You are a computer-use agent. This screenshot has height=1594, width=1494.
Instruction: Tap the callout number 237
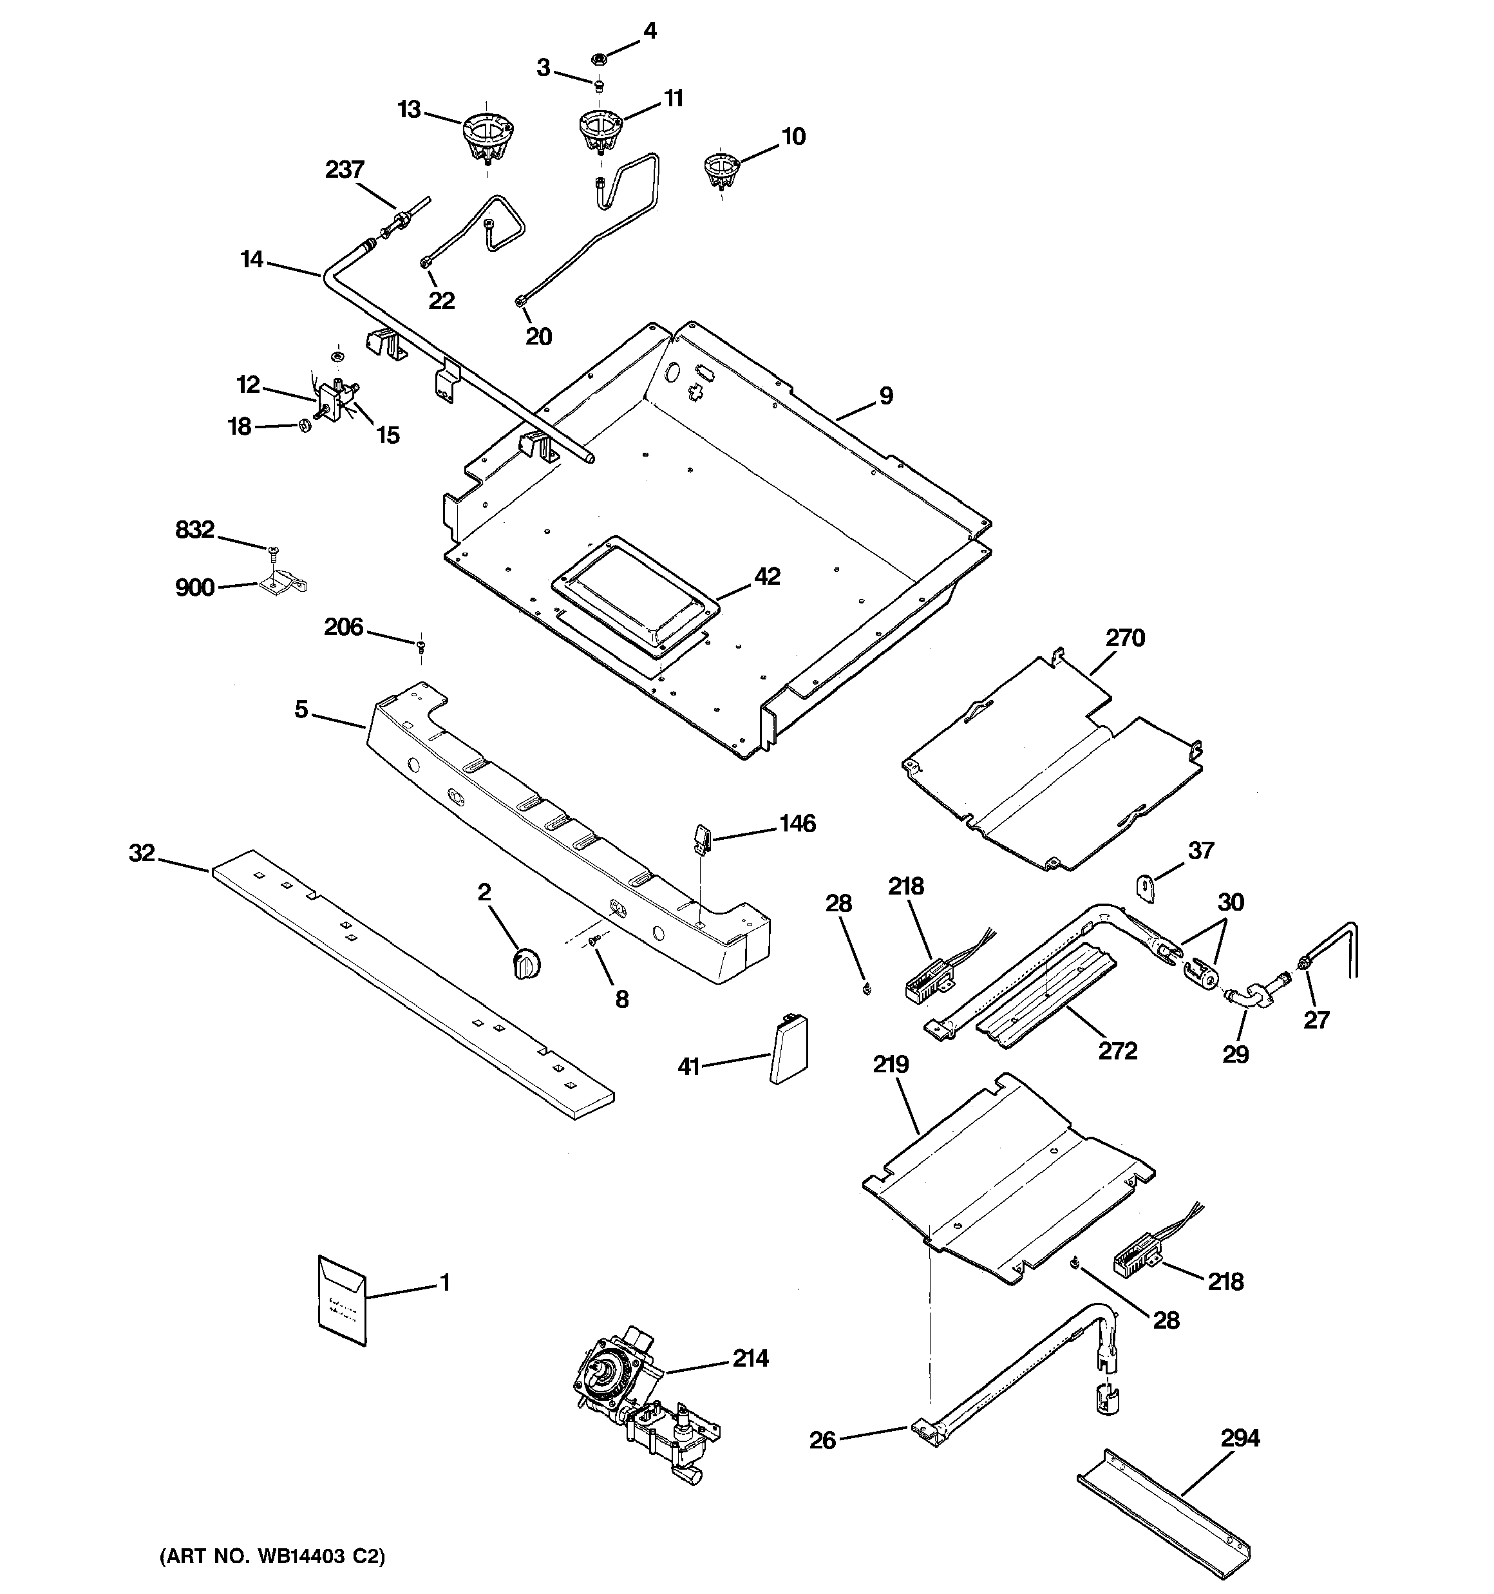[x=345, y=170]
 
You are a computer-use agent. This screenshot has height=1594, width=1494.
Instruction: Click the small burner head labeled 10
[x=720, y=171]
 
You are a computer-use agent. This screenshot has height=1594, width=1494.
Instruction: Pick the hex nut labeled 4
[x=598, y=58]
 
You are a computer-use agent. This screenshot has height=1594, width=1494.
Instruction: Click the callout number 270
[x=1125, y=638]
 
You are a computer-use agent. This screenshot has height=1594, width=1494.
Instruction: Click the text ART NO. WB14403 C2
[x=272, y=1556]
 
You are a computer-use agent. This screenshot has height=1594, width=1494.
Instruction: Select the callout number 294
[x=1240, y=1438]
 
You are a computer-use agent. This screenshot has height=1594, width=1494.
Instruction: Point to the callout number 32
[x=142, y=853]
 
